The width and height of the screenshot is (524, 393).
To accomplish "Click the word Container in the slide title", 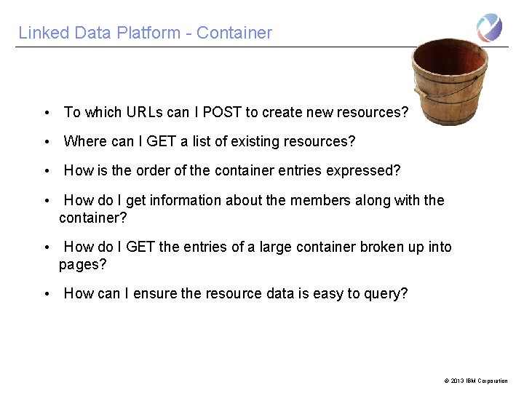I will [234, 33].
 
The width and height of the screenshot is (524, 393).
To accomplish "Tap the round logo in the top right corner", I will [489, 28].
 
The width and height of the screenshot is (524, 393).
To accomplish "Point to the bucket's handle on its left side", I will [418, 93].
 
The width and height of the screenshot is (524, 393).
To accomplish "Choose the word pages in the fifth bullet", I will [80, 265].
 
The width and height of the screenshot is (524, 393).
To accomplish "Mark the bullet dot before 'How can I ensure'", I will [46, 294].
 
